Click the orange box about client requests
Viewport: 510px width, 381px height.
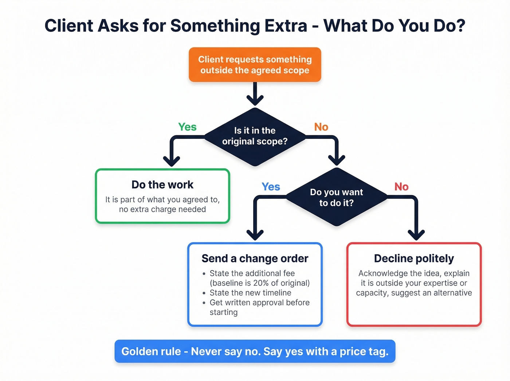click(255, 65)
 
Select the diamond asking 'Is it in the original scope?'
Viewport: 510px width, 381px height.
click(255, 136)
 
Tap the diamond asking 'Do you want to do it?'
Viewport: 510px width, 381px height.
click(336, 197)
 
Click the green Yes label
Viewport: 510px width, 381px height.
click(187, 127)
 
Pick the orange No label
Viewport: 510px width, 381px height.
click(321, 127)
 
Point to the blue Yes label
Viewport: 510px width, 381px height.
click(271, 187)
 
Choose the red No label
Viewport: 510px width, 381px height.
click(401, 187)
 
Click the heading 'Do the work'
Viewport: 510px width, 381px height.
click(162, 184)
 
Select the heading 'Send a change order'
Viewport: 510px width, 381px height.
click(255, 258)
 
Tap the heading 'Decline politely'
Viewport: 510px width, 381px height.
click(414, 258)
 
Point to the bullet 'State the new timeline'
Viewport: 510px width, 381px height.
click(250, 293)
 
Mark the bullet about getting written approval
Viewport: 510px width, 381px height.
click(259, 303)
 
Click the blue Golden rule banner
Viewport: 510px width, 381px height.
click(255, 351)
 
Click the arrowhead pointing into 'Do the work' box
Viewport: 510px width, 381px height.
click(171, 160)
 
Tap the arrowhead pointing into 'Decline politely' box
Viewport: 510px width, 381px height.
click(416, 234)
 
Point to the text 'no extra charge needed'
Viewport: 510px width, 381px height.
click(162, 209)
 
